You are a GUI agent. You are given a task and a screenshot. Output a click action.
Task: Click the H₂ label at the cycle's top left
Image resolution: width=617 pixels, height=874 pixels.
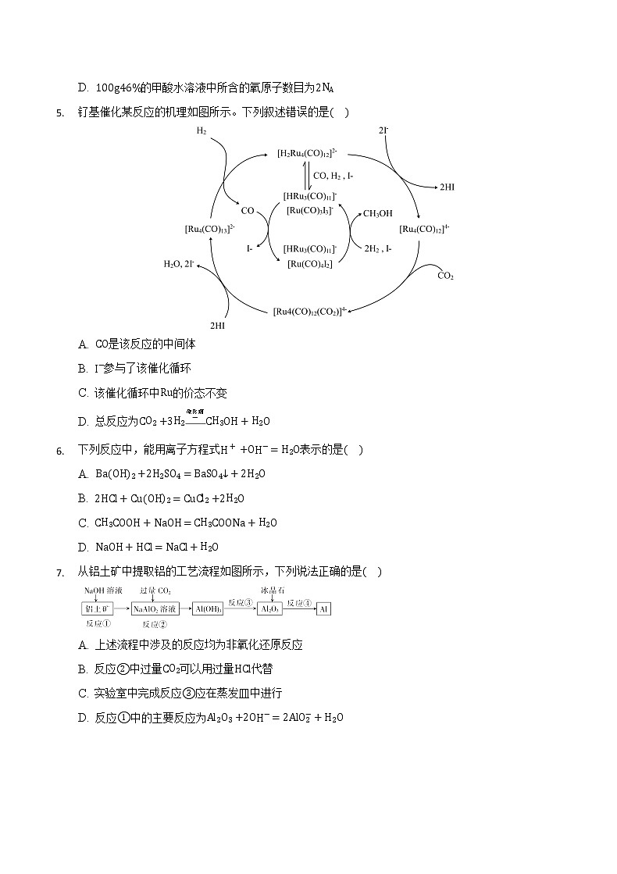202,132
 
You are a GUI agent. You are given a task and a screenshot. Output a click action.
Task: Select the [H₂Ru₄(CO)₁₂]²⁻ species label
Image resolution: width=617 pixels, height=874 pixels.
307,154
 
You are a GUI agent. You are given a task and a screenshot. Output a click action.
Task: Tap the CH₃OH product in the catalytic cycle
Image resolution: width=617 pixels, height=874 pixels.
378,213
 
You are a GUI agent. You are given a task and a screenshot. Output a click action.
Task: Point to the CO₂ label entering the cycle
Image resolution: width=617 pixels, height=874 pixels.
445,276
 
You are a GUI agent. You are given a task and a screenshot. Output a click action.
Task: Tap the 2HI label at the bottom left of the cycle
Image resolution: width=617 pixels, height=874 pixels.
219,323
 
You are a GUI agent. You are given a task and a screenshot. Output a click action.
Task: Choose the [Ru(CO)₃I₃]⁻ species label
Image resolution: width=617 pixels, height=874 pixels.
309,210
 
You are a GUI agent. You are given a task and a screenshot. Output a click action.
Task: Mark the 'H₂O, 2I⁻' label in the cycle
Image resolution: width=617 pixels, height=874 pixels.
179,264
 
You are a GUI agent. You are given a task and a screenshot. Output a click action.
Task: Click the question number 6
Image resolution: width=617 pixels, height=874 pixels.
59,450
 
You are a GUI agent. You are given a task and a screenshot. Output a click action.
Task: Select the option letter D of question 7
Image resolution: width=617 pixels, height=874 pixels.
83,718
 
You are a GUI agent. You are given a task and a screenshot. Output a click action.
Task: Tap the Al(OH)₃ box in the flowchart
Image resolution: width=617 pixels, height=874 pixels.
208,608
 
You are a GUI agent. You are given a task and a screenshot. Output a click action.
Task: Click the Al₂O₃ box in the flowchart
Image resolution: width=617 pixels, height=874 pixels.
269,608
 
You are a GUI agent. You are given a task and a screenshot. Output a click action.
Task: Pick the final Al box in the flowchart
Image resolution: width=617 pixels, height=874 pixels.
324,608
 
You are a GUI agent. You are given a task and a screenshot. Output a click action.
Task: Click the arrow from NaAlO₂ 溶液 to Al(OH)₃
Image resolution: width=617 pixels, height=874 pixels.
186,608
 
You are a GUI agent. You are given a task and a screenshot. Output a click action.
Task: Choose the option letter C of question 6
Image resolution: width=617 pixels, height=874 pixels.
83,523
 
